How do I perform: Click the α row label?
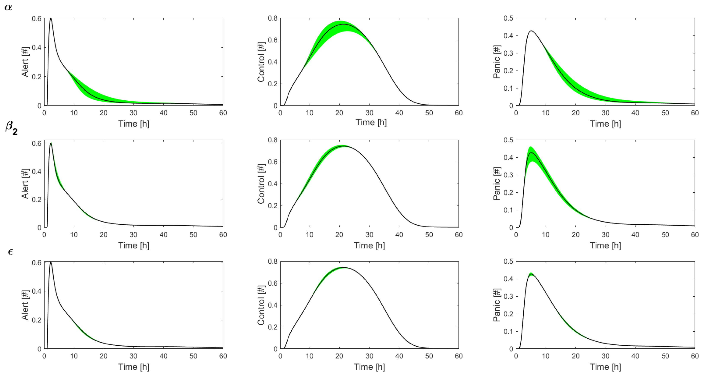8,7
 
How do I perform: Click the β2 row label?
11,128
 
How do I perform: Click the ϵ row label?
10,251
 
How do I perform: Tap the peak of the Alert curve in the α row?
51,19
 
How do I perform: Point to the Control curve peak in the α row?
343,24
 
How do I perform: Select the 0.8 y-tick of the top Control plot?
272,18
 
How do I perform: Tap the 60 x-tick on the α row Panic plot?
695,113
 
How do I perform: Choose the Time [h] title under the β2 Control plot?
369,246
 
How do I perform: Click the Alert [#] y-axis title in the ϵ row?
25,305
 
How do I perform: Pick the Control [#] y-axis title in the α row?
261,62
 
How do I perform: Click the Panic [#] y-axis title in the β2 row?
497,184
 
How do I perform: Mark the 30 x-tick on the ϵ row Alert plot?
133,356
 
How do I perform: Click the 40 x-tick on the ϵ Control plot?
399,356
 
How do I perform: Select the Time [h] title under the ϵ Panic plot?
605,367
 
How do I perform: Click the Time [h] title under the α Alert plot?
133,124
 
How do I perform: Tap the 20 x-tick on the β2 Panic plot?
576,235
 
